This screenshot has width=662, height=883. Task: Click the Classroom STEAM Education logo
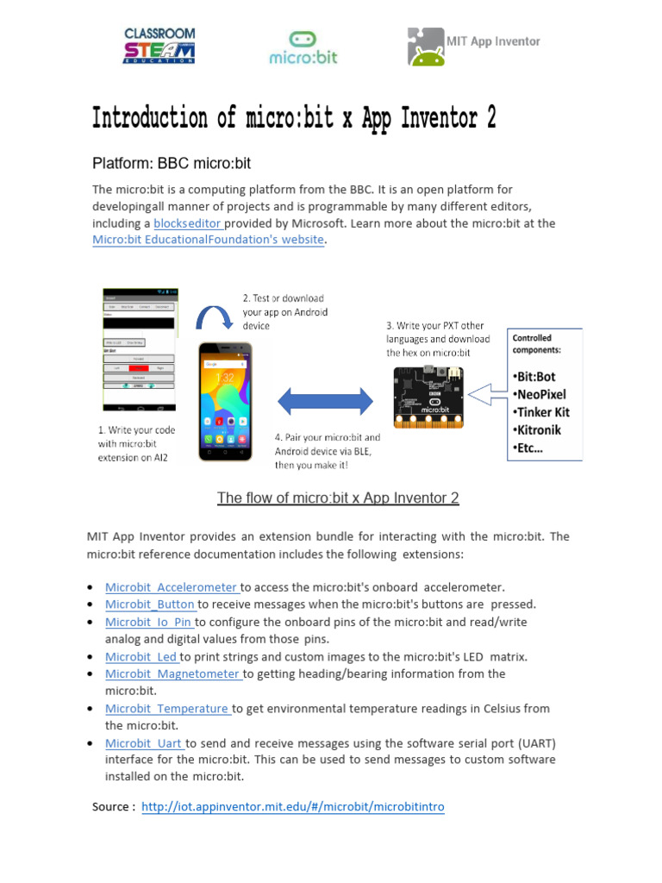point(159,45)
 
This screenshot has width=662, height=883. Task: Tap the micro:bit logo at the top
point(303,47)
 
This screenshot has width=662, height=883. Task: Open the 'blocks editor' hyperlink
point(187,222)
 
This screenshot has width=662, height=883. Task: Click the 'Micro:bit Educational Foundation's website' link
point(208,240)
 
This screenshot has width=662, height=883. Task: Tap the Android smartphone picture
point(225,401)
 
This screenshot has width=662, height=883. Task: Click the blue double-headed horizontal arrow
point(324,400)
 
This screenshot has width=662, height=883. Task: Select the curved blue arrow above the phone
point(214,319)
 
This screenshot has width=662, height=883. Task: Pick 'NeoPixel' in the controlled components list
point(541,394)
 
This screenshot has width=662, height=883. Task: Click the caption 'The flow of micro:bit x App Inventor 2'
point(338,498)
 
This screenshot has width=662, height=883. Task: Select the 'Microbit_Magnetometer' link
point(173,673)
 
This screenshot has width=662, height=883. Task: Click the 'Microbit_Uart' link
point(145,742)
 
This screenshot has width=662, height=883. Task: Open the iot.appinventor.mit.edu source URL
point(293,806)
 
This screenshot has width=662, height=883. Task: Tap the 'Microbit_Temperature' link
point(167,708)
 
